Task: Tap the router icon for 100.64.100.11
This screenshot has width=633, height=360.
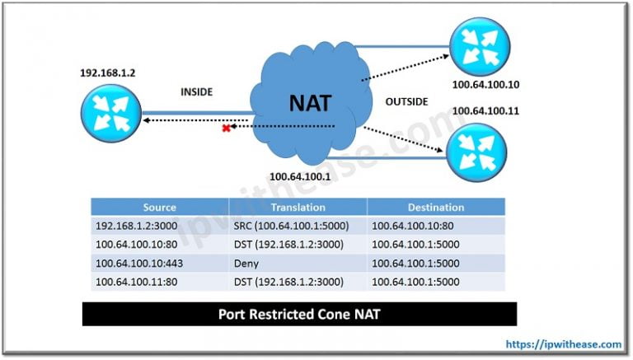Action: point(476,152)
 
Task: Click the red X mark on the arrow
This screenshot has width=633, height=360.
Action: point(224,128)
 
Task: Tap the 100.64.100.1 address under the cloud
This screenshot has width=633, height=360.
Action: point(300,176)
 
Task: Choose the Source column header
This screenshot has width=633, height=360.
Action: point(159,208)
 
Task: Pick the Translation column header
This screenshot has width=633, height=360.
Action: point(298,208)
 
